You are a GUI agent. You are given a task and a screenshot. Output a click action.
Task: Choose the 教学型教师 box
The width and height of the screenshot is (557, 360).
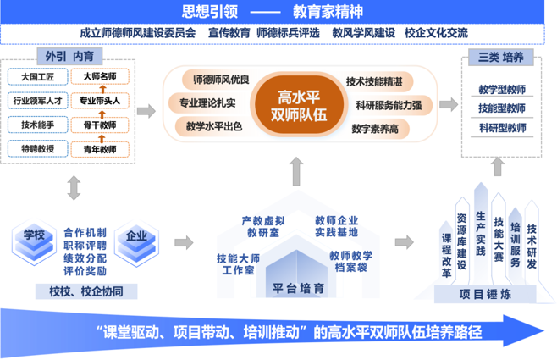point(501,89)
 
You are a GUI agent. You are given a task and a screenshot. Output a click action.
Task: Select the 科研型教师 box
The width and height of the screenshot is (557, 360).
point(501,128)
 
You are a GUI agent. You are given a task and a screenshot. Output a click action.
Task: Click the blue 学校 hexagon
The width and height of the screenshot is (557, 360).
point(33,235)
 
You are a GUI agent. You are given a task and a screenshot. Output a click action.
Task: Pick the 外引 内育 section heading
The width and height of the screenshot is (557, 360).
point(69,56)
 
